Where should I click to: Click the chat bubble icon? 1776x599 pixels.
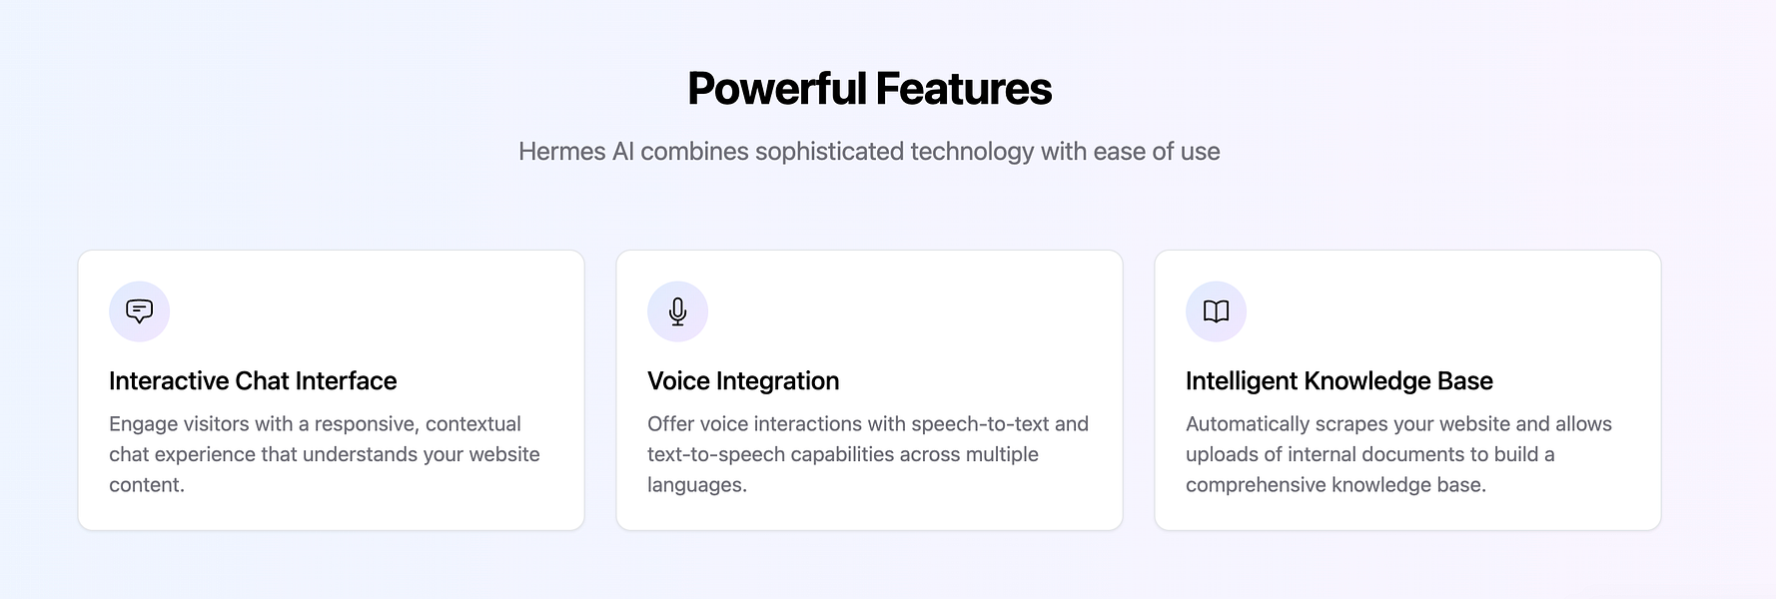click(139, 311)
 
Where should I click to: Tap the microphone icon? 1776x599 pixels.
click(677, 311)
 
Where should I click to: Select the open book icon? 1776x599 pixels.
click(1216, 311)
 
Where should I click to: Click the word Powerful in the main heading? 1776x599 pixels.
click(777, 89)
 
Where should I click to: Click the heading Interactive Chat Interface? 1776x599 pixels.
click(253, 381)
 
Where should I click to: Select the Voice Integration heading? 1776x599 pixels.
click(743, 381)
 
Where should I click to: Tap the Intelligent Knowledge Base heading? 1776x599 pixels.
click(1338, 381)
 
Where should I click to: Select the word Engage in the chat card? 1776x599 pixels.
click(143, 424)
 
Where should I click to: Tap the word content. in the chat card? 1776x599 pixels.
click(147, 485)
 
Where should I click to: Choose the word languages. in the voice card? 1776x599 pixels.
click(697, 485)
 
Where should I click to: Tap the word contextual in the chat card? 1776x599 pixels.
click(473, 424)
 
